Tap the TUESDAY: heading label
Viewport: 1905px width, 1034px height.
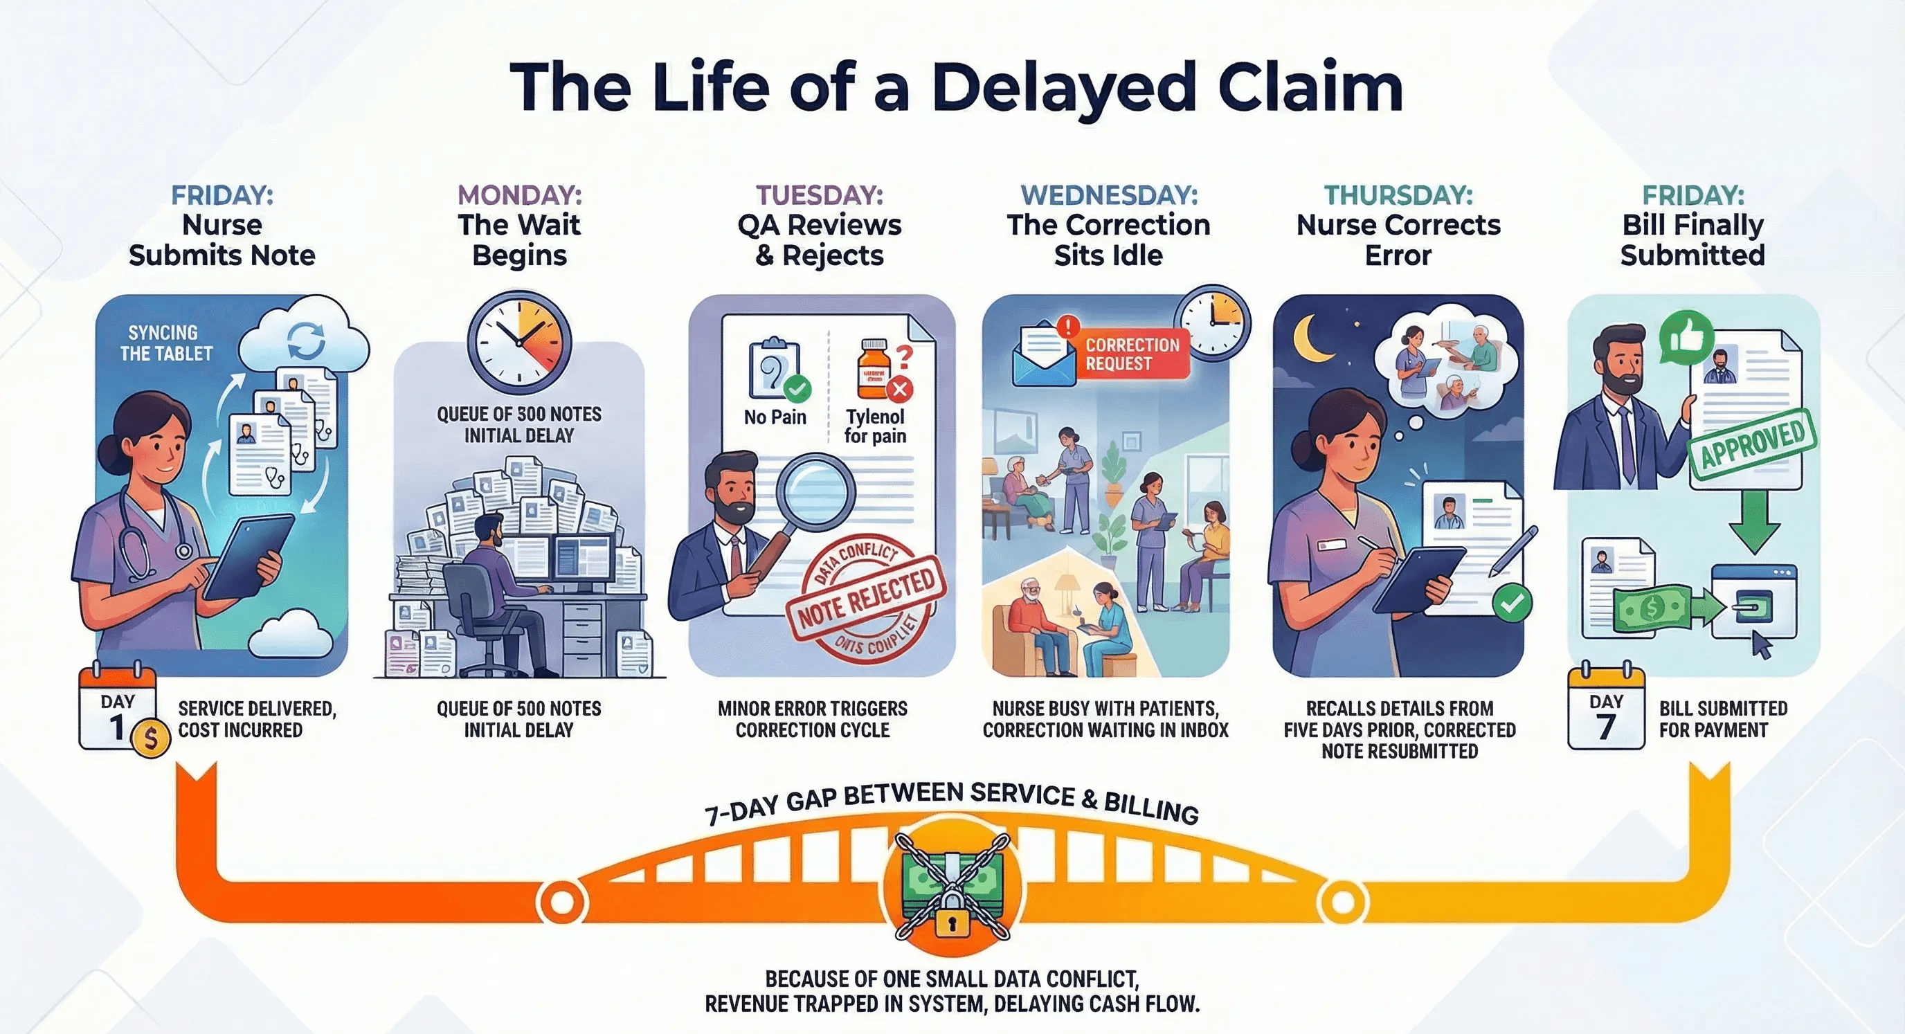[820, 194]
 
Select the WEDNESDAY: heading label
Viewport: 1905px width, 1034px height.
[1108, 194]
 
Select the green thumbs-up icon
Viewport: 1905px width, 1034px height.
[1686, 337]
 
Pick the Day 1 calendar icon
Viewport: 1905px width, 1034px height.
[117, 710]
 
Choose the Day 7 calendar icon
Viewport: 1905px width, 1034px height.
[1605, 710]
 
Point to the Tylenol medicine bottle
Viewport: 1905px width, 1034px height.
[874, 370]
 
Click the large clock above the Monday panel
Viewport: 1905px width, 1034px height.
[520, 343]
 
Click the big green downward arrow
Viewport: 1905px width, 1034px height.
[1754, 520]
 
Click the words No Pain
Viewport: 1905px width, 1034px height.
[775, 417]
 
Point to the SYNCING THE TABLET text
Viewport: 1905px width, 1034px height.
[165, 343]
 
